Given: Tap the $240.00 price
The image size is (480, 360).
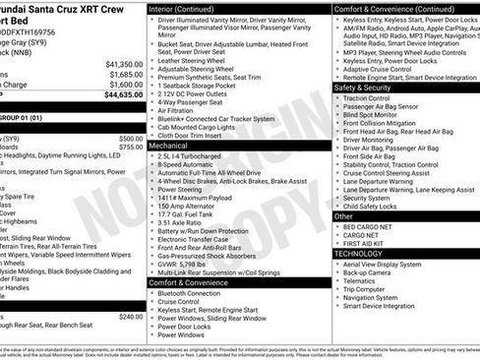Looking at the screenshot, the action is coord(130,317).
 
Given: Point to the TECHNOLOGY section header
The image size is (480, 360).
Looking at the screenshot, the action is coord(358,253).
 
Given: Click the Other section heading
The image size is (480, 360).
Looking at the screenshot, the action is coord(343,215).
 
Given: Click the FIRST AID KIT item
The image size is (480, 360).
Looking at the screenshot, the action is coord(367,243).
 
